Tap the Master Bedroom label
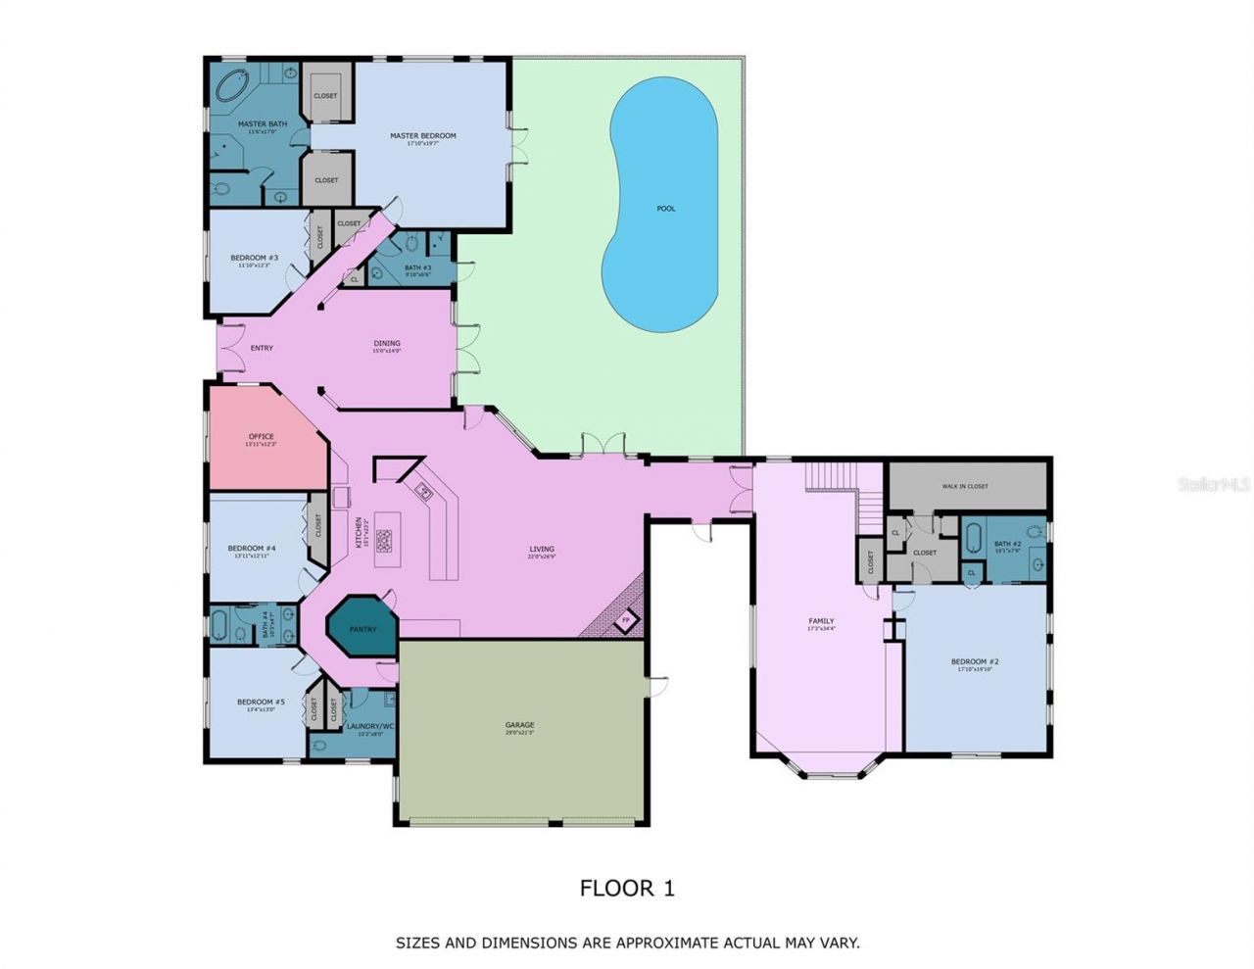click(x=423, y=136)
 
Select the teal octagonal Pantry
click(x=362, y=628)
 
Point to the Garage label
click(x=519, y=725)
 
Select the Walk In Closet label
click(x=965, y=486)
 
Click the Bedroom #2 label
click(x=975, y=662)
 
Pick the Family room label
click(x=821, y=621)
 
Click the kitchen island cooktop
click(x=384, y=538)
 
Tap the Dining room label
click(x=387, y=344)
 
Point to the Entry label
click(x=262, y=348)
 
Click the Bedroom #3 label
click(x=249, y=259)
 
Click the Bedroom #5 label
click(x=261, y=703)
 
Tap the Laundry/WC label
click(x=369, y=726)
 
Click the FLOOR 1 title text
click(x=627, y=889)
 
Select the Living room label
click(x=541, y=550)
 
